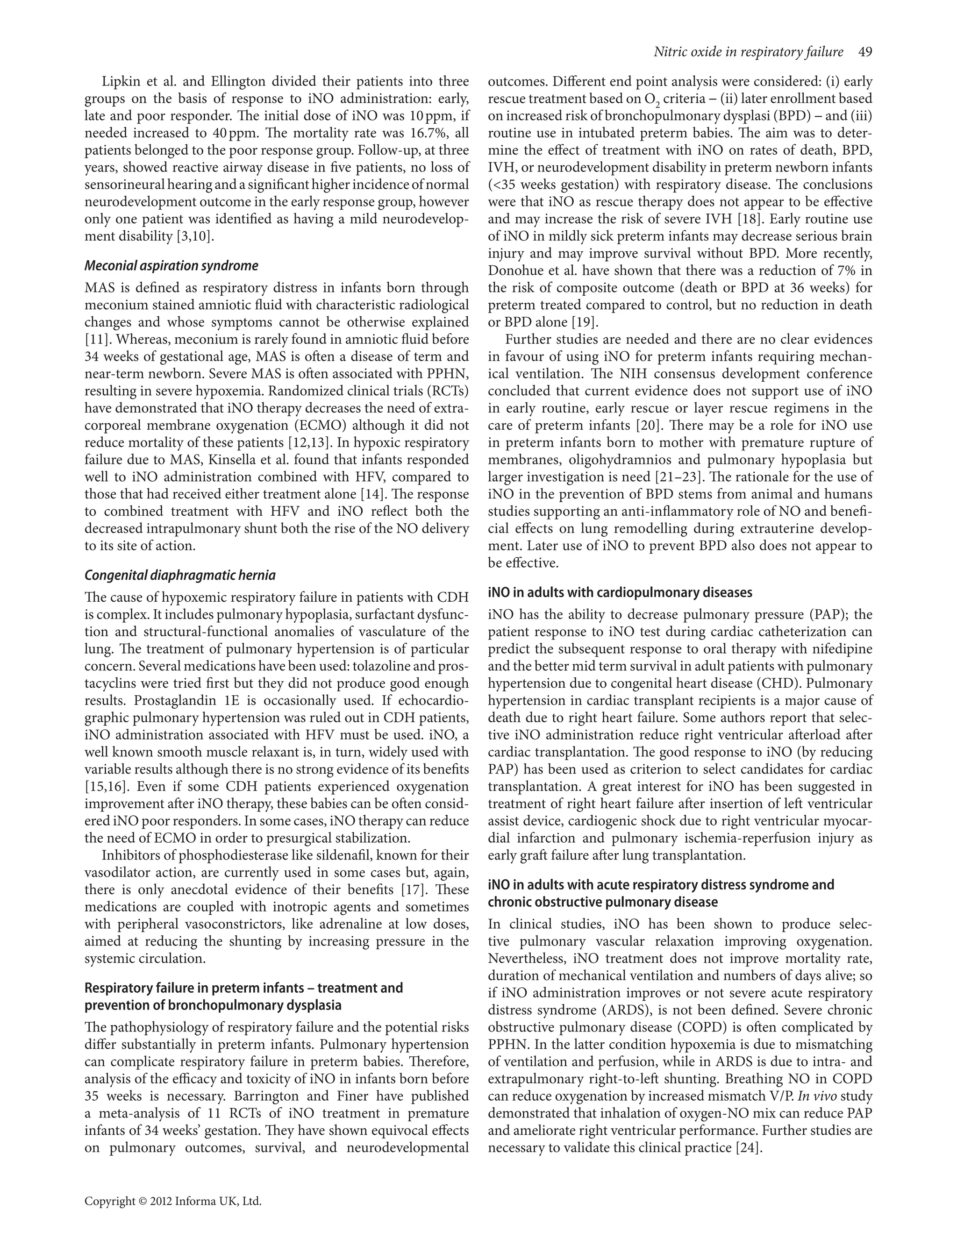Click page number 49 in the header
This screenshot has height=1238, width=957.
coord(864,52)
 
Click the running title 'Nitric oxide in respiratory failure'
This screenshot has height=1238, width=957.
coord(749,52)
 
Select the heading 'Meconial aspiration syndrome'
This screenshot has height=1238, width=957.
coord(171,265)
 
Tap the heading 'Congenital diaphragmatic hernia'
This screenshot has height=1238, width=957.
coord(180,576)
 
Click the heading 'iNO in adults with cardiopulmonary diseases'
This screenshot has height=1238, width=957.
coord(620,592)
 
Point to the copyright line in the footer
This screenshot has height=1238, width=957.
coord(173,1201)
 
